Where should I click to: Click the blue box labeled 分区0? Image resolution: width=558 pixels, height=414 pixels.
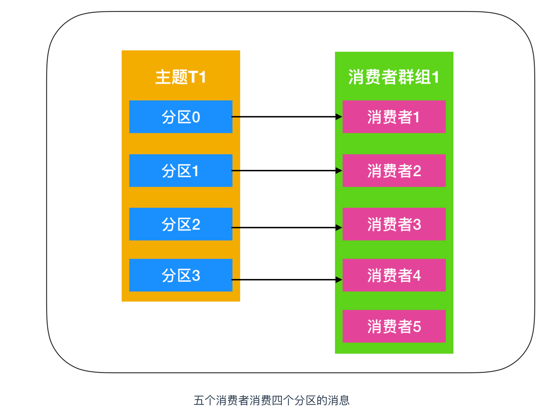click(180, 117)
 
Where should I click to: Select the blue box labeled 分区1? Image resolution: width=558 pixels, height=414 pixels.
click(180, 171)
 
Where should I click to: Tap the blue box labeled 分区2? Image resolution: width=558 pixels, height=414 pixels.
click(180, 224)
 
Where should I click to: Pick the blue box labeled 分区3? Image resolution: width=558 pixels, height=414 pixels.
click(180, 275)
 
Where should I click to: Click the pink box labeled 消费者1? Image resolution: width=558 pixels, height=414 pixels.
click(394, 117)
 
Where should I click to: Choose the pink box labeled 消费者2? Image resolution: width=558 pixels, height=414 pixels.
click(394, 171)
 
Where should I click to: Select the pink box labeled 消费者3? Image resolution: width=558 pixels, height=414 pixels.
click(394, 224)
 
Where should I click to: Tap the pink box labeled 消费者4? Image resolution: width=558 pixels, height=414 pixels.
click(394, 275)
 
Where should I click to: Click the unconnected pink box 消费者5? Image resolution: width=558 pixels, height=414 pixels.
click(394, 326)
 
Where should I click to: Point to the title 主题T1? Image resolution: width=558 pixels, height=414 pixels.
click(180, 77)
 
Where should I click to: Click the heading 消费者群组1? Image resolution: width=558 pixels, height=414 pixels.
click(394, 77)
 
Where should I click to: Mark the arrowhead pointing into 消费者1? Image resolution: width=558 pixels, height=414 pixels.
click(339, 117)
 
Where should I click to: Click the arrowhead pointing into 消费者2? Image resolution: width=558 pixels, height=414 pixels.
click(339, 171)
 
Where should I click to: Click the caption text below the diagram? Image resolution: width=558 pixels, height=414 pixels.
click(272, 400)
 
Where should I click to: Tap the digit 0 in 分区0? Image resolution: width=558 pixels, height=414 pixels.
click(196, 117)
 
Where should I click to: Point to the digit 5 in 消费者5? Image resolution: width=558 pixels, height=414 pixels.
click(417, 327)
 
